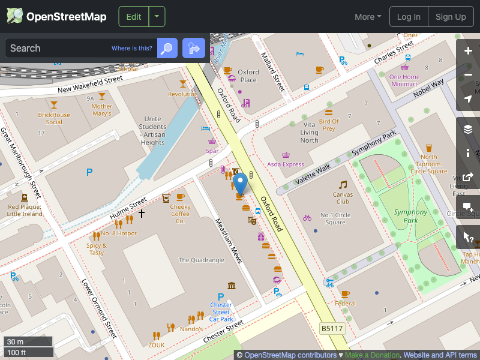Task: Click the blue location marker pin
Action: (240, 182)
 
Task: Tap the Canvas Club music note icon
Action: (343, 184)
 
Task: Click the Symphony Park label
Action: (411, 216)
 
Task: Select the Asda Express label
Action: (285, 164)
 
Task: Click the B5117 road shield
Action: (331, 328)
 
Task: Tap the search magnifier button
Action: (167, 48)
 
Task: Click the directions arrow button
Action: (194, 48)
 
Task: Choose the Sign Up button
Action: (451, 17)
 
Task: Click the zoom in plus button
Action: (469, 51)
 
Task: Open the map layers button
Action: (469, 129)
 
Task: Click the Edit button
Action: (134, 17)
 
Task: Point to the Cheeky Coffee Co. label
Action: (180, 214)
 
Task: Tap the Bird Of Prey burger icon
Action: (328, 112)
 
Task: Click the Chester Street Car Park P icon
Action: (221, 297)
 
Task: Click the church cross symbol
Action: (142, 213)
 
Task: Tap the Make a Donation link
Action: (372, 355)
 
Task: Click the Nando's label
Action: (191, 329)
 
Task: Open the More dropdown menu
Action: (368, 17)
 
